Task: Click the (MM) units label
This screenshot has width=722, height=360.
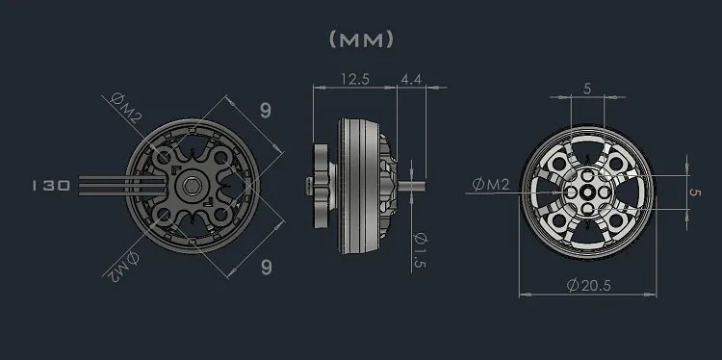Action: coord(361,39)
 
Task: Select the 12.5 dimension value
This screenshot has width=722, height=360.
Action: coord(355,79)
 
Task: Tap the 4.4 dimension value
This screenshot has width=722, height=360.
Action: coord(411,79)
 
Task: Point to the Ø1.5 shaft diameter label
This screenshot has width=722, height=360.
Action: coord(421,250)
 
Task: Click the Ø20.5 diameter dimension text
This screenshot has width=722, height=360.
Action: coord(589,286)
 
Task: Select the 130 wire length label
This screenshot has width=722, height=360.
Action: coord(51,186)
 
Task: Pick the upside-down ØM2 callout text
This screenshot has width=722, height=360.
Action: coord(122,267)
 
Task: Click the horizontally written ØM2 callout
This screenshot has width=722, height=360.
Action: coord(491,185)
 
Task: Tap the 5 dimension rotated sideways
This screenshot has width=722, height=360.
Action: coord(694,192)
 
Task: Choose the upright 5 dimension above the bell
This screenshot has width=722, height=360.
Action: coord(586,89)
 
